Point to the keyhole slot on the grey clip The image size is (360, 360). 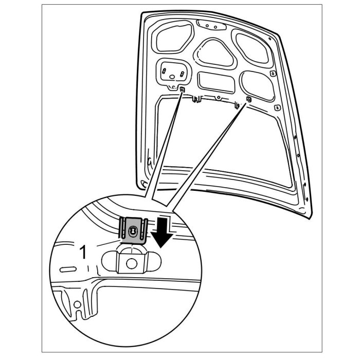(x=133, y=232)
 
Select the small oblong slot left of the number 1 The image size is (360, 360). (x=67, y=269)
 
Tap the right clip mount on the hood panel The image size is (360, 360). (x=248, y=98)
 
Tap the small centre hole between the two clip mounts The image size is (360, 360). (x=219, y=96)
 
